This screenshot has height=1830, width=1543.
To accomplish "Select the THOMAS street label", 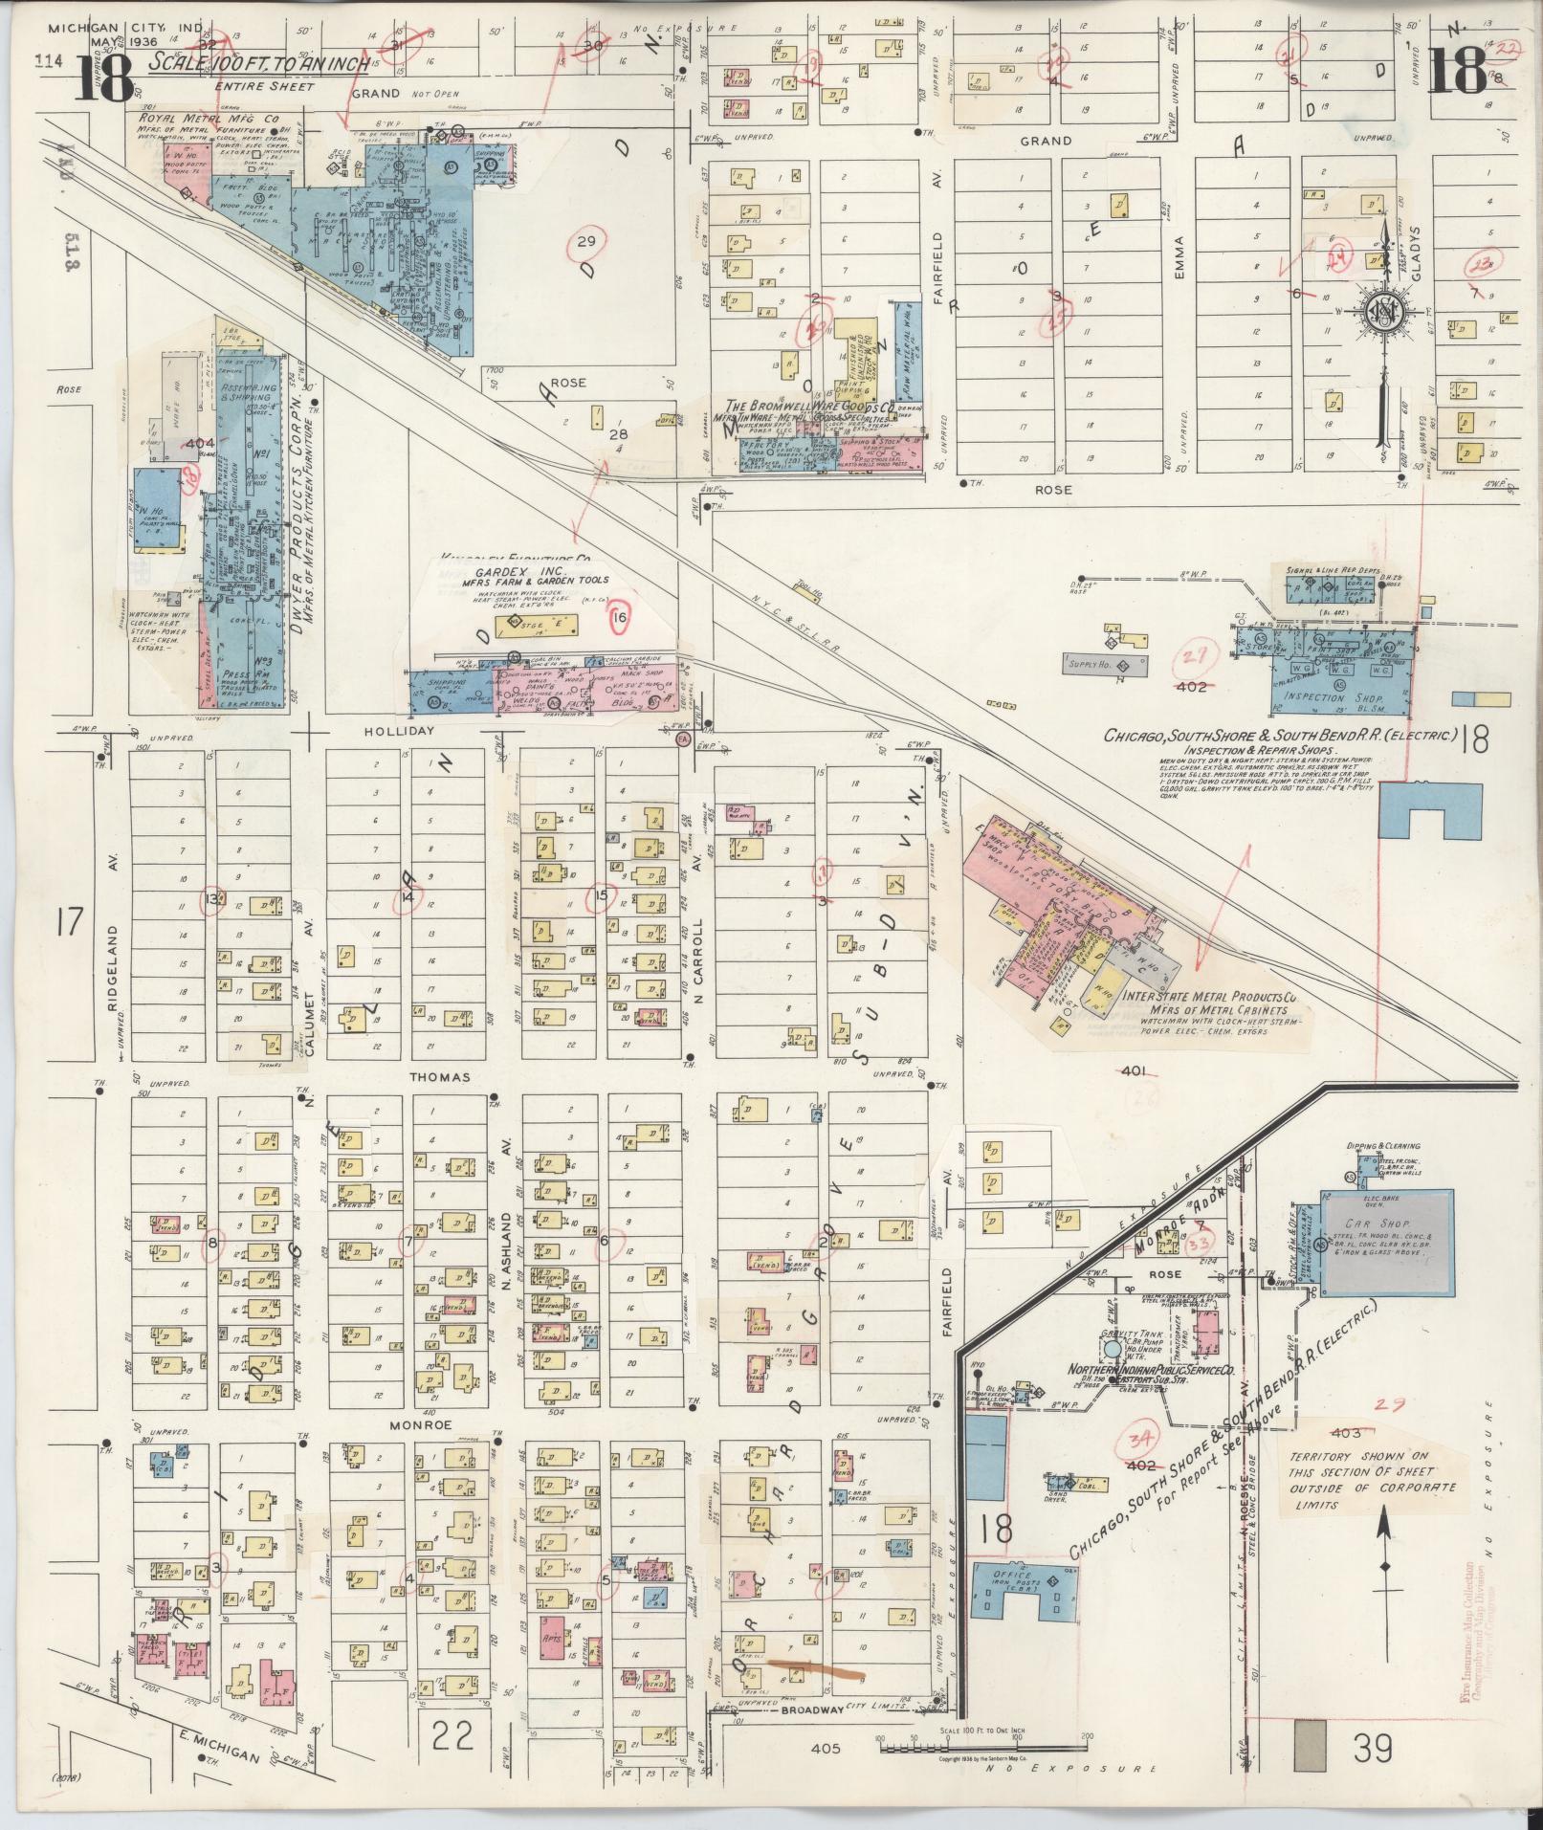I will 440,1077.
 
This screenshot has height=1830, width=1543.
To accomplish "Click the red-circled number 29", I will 584,241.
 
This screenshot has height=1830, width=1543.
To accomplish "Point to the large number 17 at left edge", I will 70,924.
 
